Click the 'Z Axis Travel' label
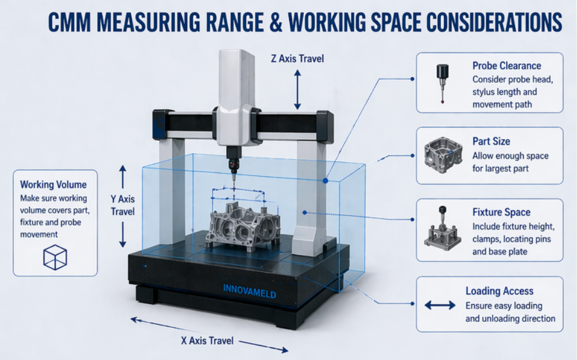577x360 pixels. [x=297, y=59]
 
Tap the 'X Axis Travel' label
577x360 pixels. [x=207, y=341]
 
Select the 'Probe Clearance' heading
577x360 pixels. [x=507, y=66]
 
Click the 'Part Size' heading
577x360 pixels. [x=491, y=141]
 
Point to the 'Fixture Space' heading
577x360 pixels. [x=501, y=212]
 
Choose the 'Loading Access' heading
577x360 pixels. [x=499, y=291]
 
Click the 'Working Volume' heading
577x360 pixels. [x=53, y=185]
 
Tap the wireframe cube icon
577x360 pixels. [x=54, y=257]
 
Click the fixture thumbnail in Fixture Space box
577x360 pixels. [x=442, y=229]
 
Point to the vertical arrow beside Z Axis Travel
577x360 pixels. [x=297, y=89]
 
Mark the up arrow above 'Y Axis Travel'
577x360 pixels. [x=122, y=177]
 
